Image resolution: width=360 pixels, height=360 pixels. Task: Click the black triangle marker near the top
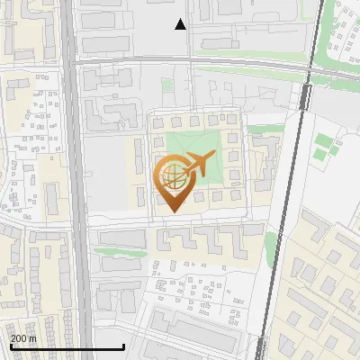tap(181, 24)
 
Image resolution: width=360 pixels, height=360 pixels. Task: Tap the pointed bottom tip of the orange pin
tap(172, 212)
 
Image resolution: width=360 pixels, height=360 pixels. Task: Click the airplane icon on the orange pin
tap(196, 165)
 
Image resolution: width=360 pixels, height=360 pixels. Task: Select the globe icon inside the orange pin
tap(172, 178)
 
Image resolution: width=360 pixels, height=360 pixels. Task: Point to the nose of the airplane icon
tap(212, 157)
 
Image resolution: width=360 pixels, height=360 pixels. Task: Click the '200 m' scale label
tap(24, 338)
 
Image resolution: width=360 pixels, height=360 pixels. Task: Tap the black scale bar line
tap(67, 346)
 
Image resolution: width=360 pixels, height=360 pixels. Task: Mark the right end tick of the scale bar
tap(123, 346)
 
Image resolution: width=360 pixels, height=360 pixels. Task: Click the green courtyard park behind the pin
tap(193, 144)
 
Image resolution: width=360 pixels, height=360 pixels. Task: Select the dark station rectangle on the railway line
tap(306, 96)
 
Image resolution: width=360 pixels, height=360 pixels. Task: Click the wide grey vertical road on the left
tap(75, 180)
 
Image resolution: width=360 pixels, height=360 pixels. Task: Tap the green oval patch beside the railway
tap(271, 243)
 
